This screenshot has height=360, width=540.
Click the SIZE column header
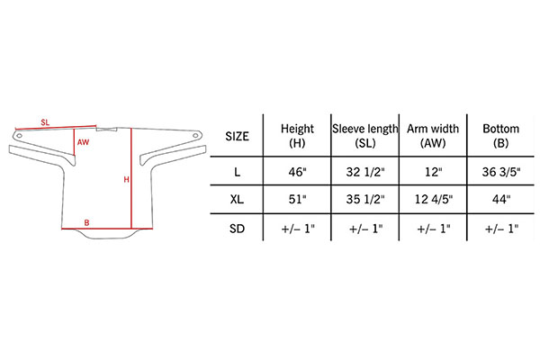pyautogui.click(x=237, y=137)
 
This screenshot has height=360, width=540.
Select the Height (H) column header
pyautogui.click(x=297, y=135)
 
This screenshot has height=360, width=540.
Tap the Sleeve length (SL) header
pyautogui.click(x=365, y=135)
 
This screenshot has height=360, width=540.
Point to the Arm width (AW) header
pyautogui.click(x=433, y=135)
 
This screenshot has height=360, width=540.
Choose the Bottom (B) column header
pyautogui.click(x=500, y=135)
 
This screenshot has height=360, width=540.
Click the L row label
pyautogui.click(x=237, y=172)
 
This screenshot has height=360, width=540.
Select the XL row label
pyautogui.click(x=237, y=199)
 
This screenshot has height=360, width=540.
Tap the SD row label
pyautogui.click(x=237, y=229)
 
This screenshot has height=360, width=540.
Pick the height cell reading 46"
pyautogui.click(x=297, y=172)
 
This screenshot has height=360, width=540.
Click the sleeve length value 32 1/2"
pyautogui.click(x=365, y=172)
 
